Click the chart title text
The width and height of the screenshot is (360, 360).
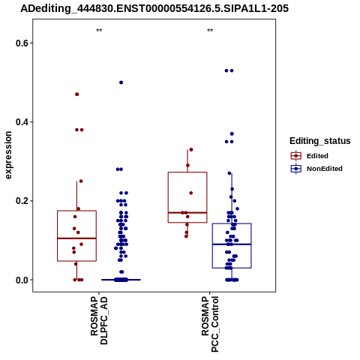coord(154,9)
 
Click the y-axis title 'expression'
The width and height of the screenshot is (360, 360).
coord(8,155)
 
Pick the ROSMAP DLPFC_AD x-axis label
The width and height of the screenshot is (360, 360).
coord(99,321)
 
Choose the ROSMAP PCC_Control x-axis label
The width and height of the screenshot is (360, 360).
coord(210,324)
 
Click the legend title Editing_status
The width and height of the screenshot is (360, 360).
coord(320,141)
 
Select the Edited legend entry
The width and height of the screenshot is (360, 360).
coord(310,156)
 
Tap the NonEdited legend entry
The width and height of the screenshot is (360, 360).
coord(316,169)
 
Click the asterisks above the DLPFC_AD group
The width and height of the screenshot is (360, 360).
coord(99,31)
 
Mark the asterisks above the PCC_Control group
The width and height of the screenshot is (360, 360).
coord(210,31)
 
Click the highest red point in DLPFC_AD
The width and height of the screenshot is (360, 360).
coord(77,94)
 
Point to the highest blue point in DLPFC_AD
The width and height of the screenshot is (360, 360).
coord(121,82)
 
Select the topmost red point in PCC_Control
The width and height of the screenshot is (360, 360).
coord(191,150)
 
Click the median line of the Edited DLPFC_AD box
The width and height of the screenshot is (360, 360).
coord(77,238)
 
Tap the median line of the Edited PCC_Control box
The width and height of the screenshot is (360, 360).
coord(187,213)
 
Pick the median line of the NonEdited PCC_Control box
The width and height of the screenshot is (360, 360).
coord(232,244)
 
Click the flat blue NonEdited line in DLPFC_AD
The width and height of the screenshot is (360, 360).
coord(121,280)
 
